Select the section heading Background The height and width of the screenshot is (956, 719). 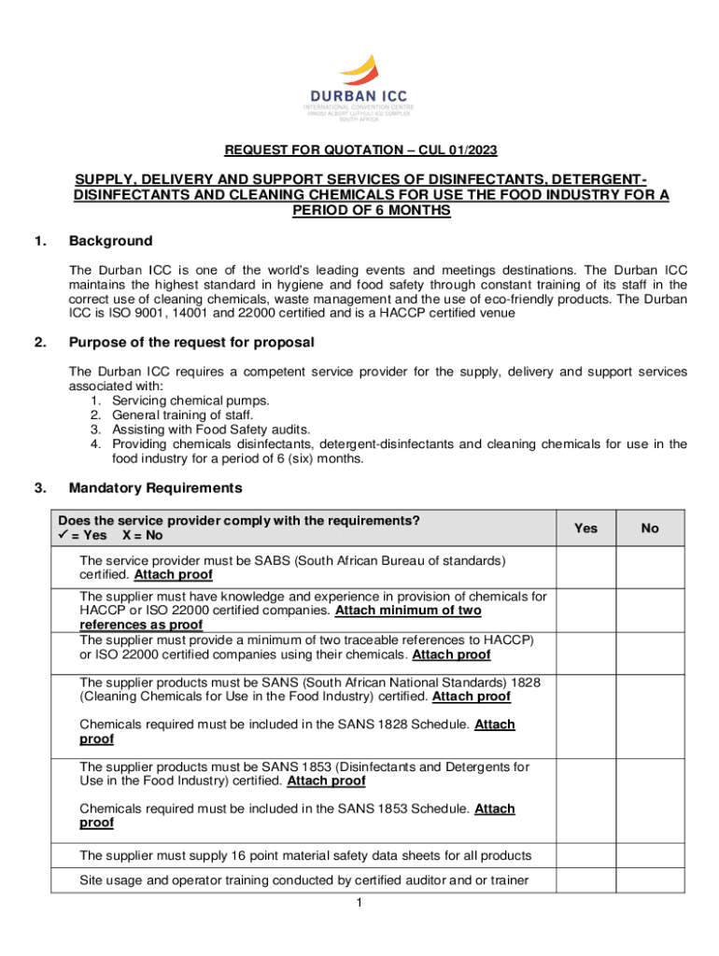click(x=110, y=241)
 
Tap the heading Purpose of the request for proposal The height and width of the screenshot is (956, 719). click(x=191, y=342)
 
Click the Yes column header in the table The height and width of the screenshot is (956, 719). click(x=585, y=528)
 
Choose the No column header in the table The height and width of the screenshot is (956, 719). click(x=650, y=528)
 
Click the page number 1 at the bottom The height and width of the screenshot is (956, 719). click(x=359, y=904)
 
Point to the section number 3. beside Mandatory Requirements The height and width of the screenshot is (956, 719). click(x=40, y=487)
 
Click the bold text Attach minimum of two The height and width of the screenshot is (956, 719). click(x=408, y=611)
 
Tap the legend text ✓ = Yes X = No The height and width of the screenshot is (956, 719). click(x=110, y=536)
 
